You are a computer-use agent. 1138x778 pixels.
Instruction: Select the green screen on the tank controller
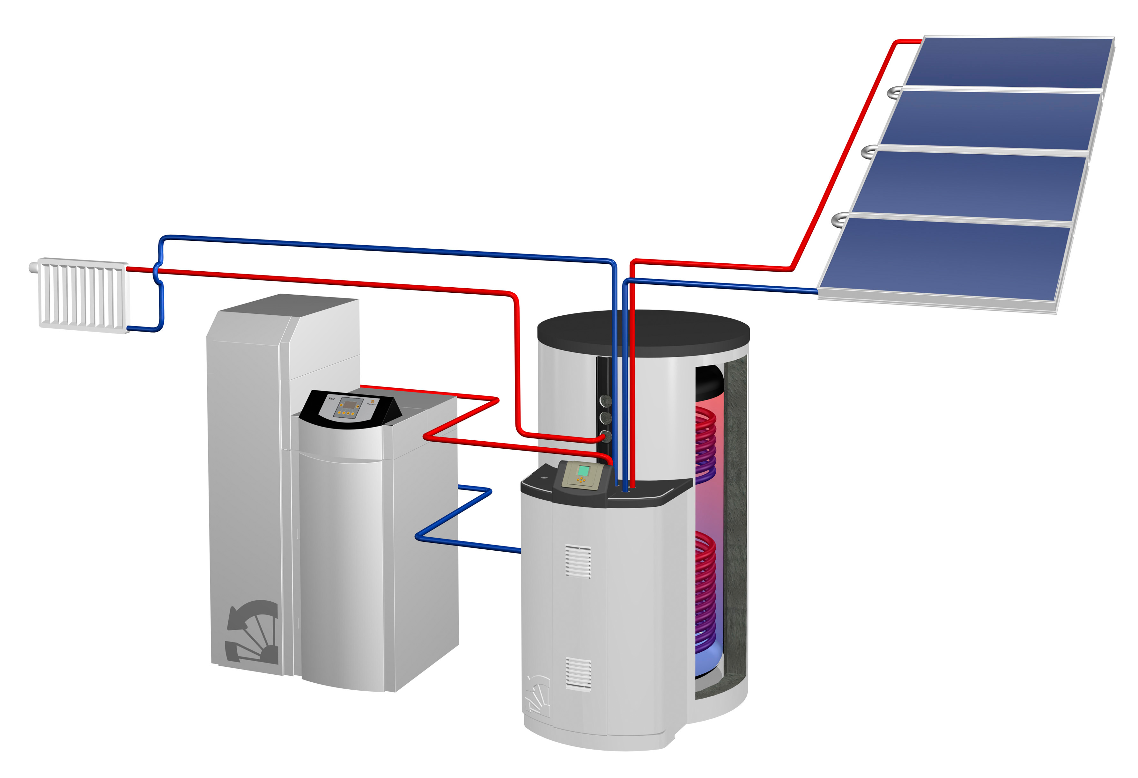pyautogui.click(x=583, y=471)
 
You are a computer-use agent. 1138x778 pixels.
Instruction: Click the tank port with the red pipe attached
pyautogui.click(x=606, y=435)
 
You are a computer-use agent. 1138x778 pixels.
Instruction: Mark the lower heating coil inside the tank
pyautogui.click(x=706, y=592)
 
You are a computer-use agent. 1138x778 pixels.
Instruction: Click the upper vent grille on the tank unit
pyautogui.click(x=578, y=561)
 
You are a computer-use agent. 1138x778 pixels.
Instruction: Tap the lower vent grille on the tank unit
pyautogui.click(x=578, y=674)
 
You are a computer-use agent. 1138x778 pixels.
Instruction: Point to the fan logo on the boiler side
pyautogui.click(x=252, y=632)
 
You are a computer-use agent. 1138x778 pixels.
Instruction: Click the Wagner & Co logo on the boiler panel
pyautogui.click(x=371, y=402)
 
